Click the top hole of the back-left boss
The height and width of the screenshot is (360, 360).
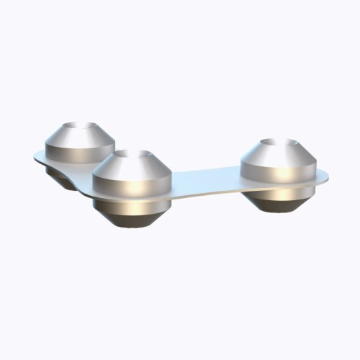tap(81, 129)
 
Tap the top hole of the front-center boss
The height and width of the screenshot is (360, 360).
tap(132, 156)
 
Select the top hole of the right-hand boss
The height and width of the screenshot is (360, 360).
tap(278, 145)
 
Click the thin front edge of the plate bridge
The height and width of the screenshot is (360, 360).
tap(209, 194)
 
